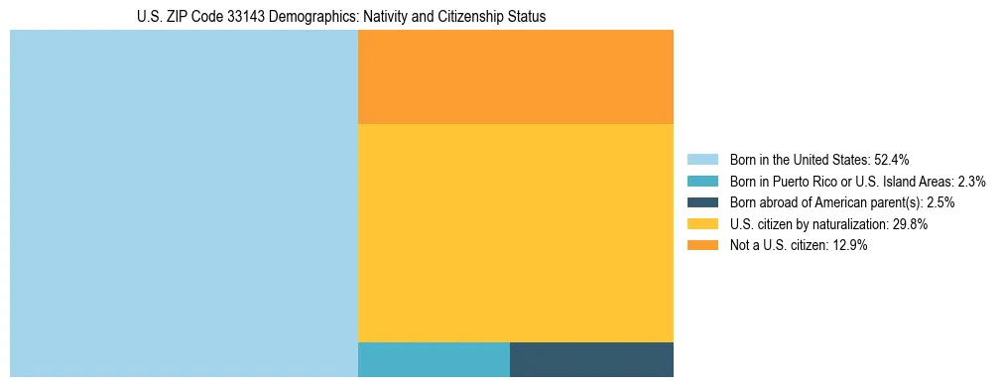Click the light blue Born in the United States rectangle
coord(184,203)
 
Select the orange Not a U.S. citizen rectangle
coord(515,76)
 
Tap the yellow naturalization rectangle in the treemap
coord(515,232)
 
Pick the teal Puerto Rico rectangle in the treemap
coord(434,359)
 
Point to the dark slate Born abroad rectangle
coord(591,359)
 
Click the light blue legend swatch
coord(702,160)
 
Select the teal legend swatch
coord(702,182)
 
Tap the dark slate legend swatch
coord(702,202)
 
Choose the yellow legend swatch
coord(702,224)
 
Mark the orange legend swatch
coord(702,246)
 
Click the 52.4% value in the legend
coord(892,160)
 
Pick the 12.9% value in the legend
coord(850,246)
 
